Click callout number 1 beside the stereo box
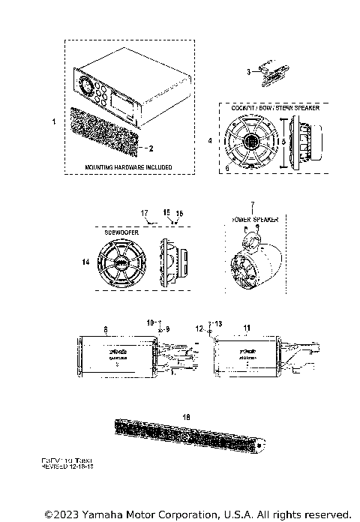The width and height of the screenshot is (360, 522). (x=52, y=120)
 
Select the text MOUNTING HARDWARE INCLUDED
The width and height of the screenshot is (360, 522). (x=127, y=166)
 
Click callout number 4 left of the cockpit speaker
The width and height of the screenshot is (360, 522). (x=210, y=139)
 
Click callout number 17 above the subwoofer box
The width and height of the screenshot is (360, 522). (x=145, y=213)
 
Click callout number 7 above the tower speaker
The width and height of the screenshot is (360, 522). (x=252, y=204)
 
